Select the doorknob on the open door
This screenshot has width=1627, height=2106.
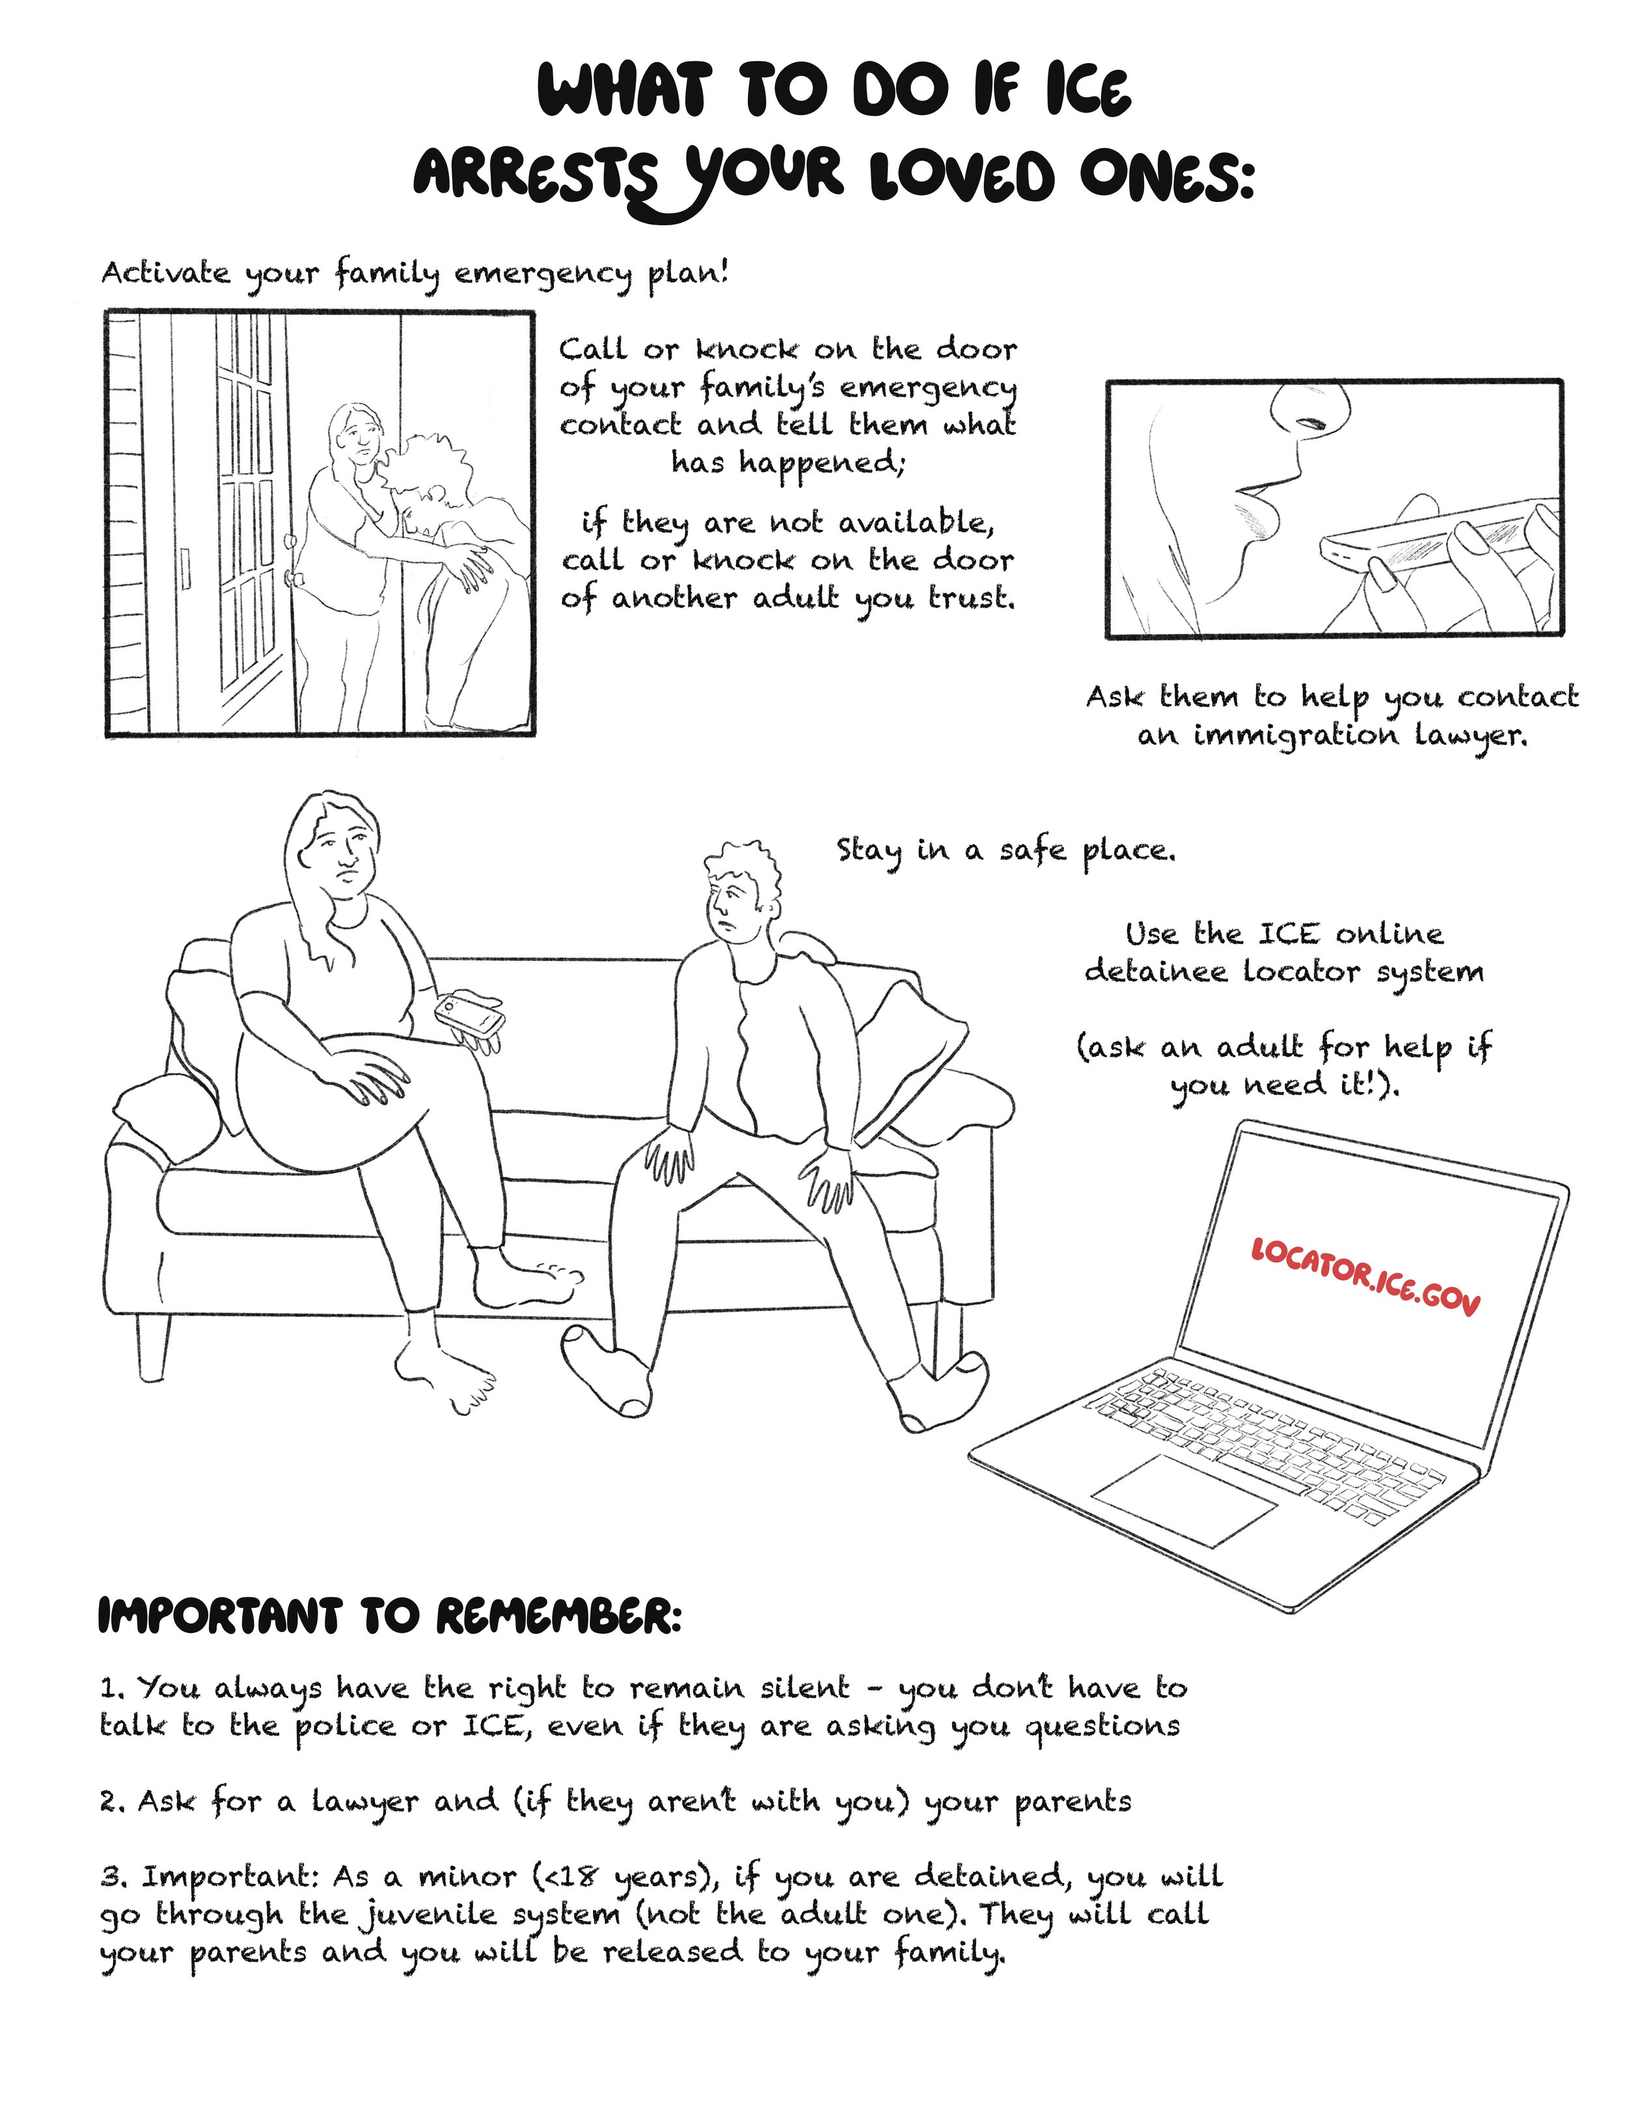(x=295, y=577)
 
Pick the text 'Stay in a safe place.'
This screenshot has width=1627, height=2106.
(x=1005, y=850)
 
